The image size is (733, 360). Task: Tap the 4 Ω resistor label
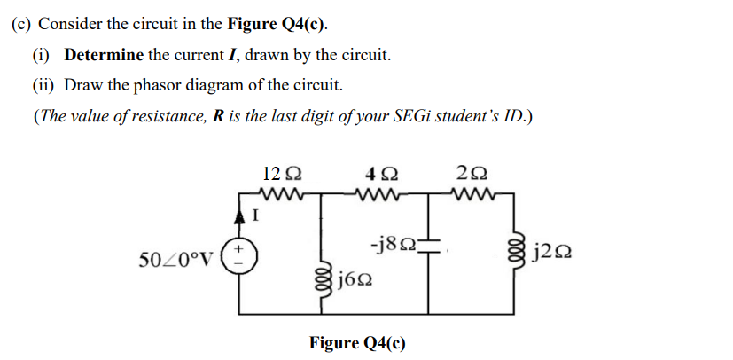pos(388,175)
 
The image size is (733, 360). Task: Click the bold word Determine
pos(104,55)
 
